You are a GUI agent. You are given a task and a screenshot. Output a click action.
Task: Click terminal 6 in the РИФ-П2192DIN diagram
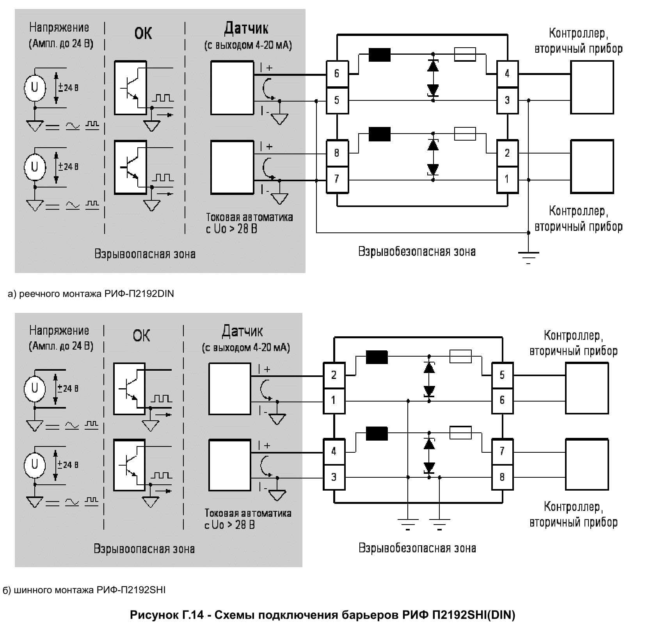pos(337,73)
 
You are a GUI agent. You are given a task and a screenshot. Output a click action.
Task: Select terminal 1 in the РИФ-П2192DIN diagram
pos(507,179)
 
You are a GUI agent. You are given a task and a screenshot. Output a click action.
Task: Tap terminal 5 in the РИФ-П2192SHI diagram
pos(502,375)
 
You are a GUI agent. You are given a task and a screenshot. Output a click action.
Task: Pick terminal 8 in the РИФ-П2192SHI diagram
pos(502,477)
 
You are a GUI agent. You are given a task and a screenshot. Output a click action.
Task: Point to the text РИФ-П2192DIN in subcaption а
pos(139,294)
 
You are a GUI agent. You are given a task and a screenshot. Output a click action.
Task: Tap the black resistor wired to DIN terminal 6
pos(379,55)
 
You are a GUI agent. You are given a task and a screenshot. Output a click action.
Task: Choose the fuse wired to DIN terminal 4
pos(465,55)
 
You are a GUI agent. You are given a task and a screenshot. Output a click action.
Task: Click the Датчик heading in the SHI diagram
pos(242,331)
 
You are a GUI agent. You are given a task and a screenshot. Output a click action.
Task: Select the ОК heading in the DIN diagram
pos(143,33)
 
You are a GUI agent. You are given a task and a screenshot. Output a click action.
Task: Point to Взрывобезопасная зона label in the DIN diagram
pos(417,251)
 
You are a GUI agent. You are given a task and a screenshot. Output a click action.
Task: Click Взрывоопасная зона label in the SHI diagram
pos(144,549)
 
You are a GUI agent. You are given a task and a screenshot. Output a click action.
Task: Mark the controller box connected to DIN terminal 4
pos(592,87)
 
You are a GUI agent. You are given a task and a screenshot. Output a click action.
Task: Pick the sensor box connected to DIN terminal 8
pos(232,167)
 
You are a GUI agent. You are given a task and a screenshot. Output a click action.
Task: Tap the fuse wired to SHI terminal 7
pos(460,433)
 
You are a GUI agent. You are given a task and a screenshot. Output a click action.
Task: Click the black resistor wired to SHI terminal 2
pos(377,357)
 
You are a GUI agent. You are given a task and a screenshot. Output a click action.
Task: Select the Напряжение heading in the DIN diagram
pos(59,28)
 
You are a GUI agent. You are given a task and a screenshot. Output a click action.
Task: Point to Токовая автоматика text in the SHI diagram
pos(248,513)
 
